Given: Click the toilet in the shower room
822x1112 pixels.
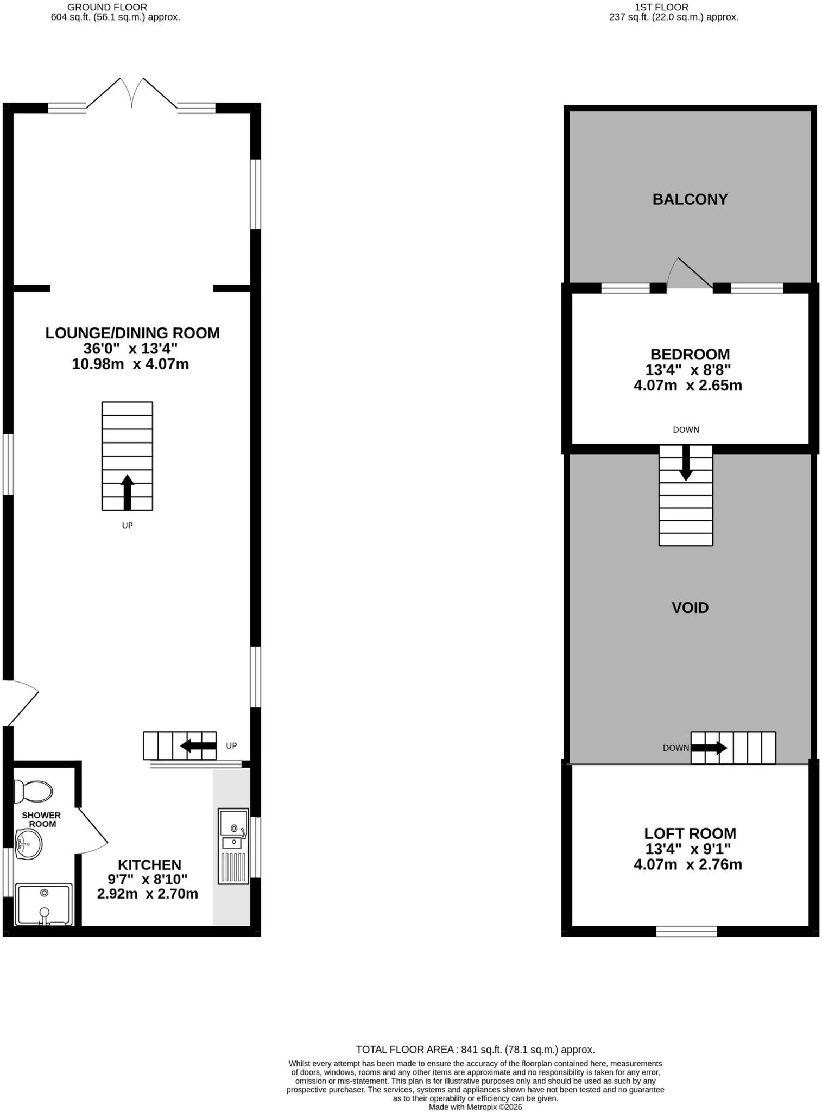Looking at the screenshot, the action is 33,791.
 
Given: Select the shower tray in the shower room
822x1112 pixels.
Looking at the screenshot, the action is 43,905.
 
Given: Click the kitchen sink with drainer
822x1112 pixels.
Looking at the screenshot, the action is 233,846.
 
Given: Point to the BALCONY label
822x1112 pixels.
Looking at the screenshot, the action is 690,199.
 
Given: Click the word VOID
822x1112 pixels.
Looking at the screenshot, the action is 690,608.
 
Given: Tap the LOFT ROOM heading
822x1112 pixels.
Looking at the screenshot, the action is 690,833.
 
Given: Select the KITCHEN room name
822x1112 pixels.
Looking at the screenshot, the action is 150,865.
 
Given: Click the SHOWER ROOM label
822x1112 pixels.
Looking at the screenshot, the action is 41,819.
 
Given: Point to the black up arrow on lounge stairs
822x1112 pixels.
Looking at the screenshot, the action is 127,492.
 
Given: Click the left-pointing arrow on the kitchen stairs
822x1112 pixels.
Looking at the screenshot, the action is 198,745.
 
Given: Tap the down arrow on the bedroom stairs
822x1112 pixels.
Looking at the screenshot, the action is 686,463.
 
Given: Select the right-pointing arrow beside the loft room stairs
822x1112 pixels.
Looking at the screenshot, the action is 709,748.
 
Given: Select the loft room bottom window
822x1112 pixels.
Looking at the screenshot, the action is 686,931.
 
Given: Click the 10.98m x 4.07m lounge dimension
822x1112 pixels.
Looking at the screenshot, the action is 130,364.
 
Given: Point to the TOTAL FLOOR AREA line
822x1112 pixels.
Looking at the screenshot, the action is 475,1050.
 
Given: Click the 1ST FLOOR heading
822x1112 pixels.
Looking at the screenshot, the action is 661,7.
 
